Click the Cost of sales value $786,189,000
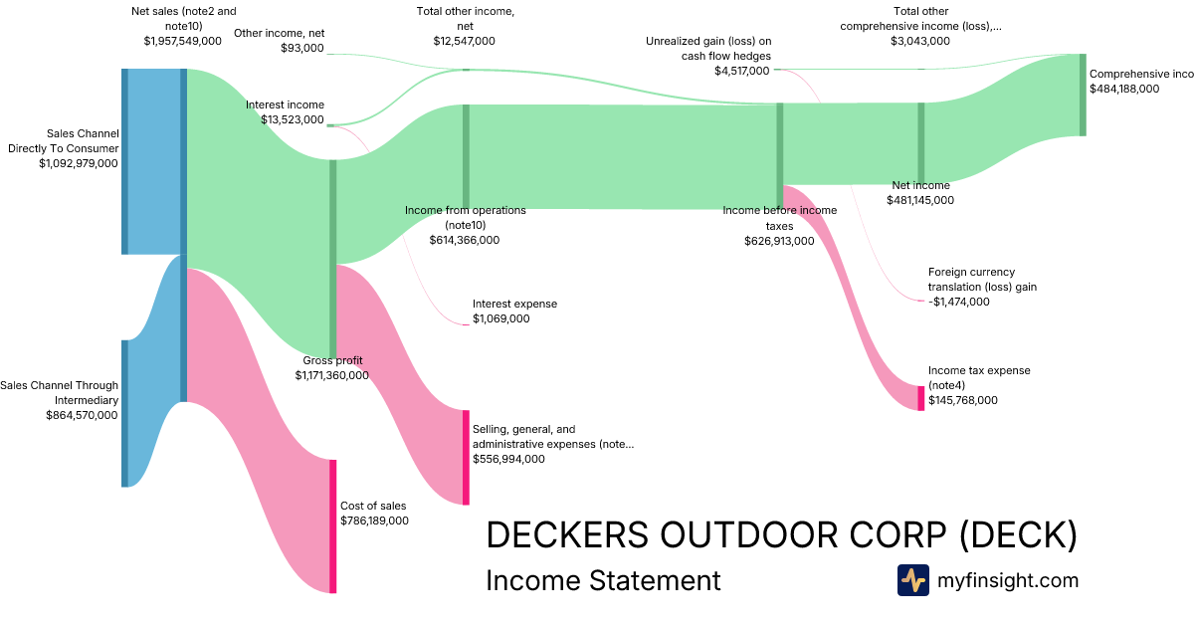tap(374, 521)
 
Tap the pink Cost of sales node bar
tap(333, 525)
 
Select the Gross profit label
tap(332, 360)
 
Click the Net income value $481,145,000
tap(920, 200)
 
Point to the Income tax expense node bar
tap(920, 398)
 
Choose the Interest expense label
tap(514, 304)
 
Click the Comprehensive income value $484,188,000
tap(1124, 89)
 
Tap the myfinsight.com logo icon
tap(912, 580)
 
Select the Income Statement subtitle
tap(603, 580)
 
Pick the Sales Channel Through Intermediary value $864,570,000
tap(82, 415)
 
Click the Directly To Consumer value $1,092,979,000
tap(79, 163)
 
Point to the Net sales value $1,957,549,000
tap(183, 41)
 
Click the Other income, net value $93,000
tap(302, 48)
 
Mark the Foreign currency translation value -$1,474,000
tap(958, 302)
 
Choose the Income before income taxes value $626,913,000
tap(779, 241)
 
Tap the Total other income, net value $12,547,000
tap(465, 41)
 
